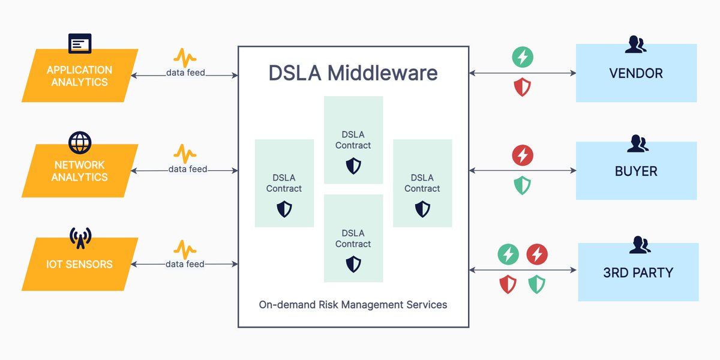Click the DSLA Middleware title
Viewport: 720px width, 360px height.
353,73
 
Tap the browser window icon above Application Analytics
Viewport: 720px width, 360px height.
80,43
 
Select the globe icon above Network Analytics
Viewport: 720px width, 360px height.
80,142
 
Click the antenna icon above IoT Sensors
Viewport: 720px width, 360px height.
80,238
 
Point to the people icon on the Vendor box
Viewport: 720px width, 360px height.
635,44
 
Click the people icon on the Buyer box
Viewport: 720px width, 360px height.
638,143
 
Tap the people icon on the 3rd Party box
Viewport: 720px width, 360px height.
640,245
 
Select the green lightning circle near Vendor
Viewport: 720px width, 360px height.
523,57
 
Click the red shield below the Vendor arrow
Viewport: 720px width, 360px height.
523,87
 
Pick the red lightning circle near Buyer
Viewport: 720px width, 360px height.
523,155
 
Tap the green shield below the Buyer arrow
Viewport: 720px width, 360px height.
523,185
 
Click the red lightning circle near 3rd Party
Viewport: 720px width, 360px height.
537,254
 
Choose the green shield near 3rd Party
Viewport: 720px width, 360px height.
537,284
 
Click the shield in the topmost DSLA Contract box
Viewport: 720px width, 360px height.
353,166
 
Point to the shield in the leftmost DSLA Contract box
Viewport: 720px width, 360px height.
284,209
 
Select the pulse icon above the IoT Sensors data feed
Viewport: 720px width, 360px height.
185,250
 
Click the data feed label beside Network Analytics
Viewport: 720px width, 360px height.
188,169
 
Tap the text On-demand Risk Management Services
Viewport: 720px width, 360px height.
353,305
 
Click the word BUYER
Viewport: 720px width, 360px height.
636,172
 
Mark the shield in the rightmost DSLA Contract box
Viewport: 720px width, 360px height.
422,209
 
